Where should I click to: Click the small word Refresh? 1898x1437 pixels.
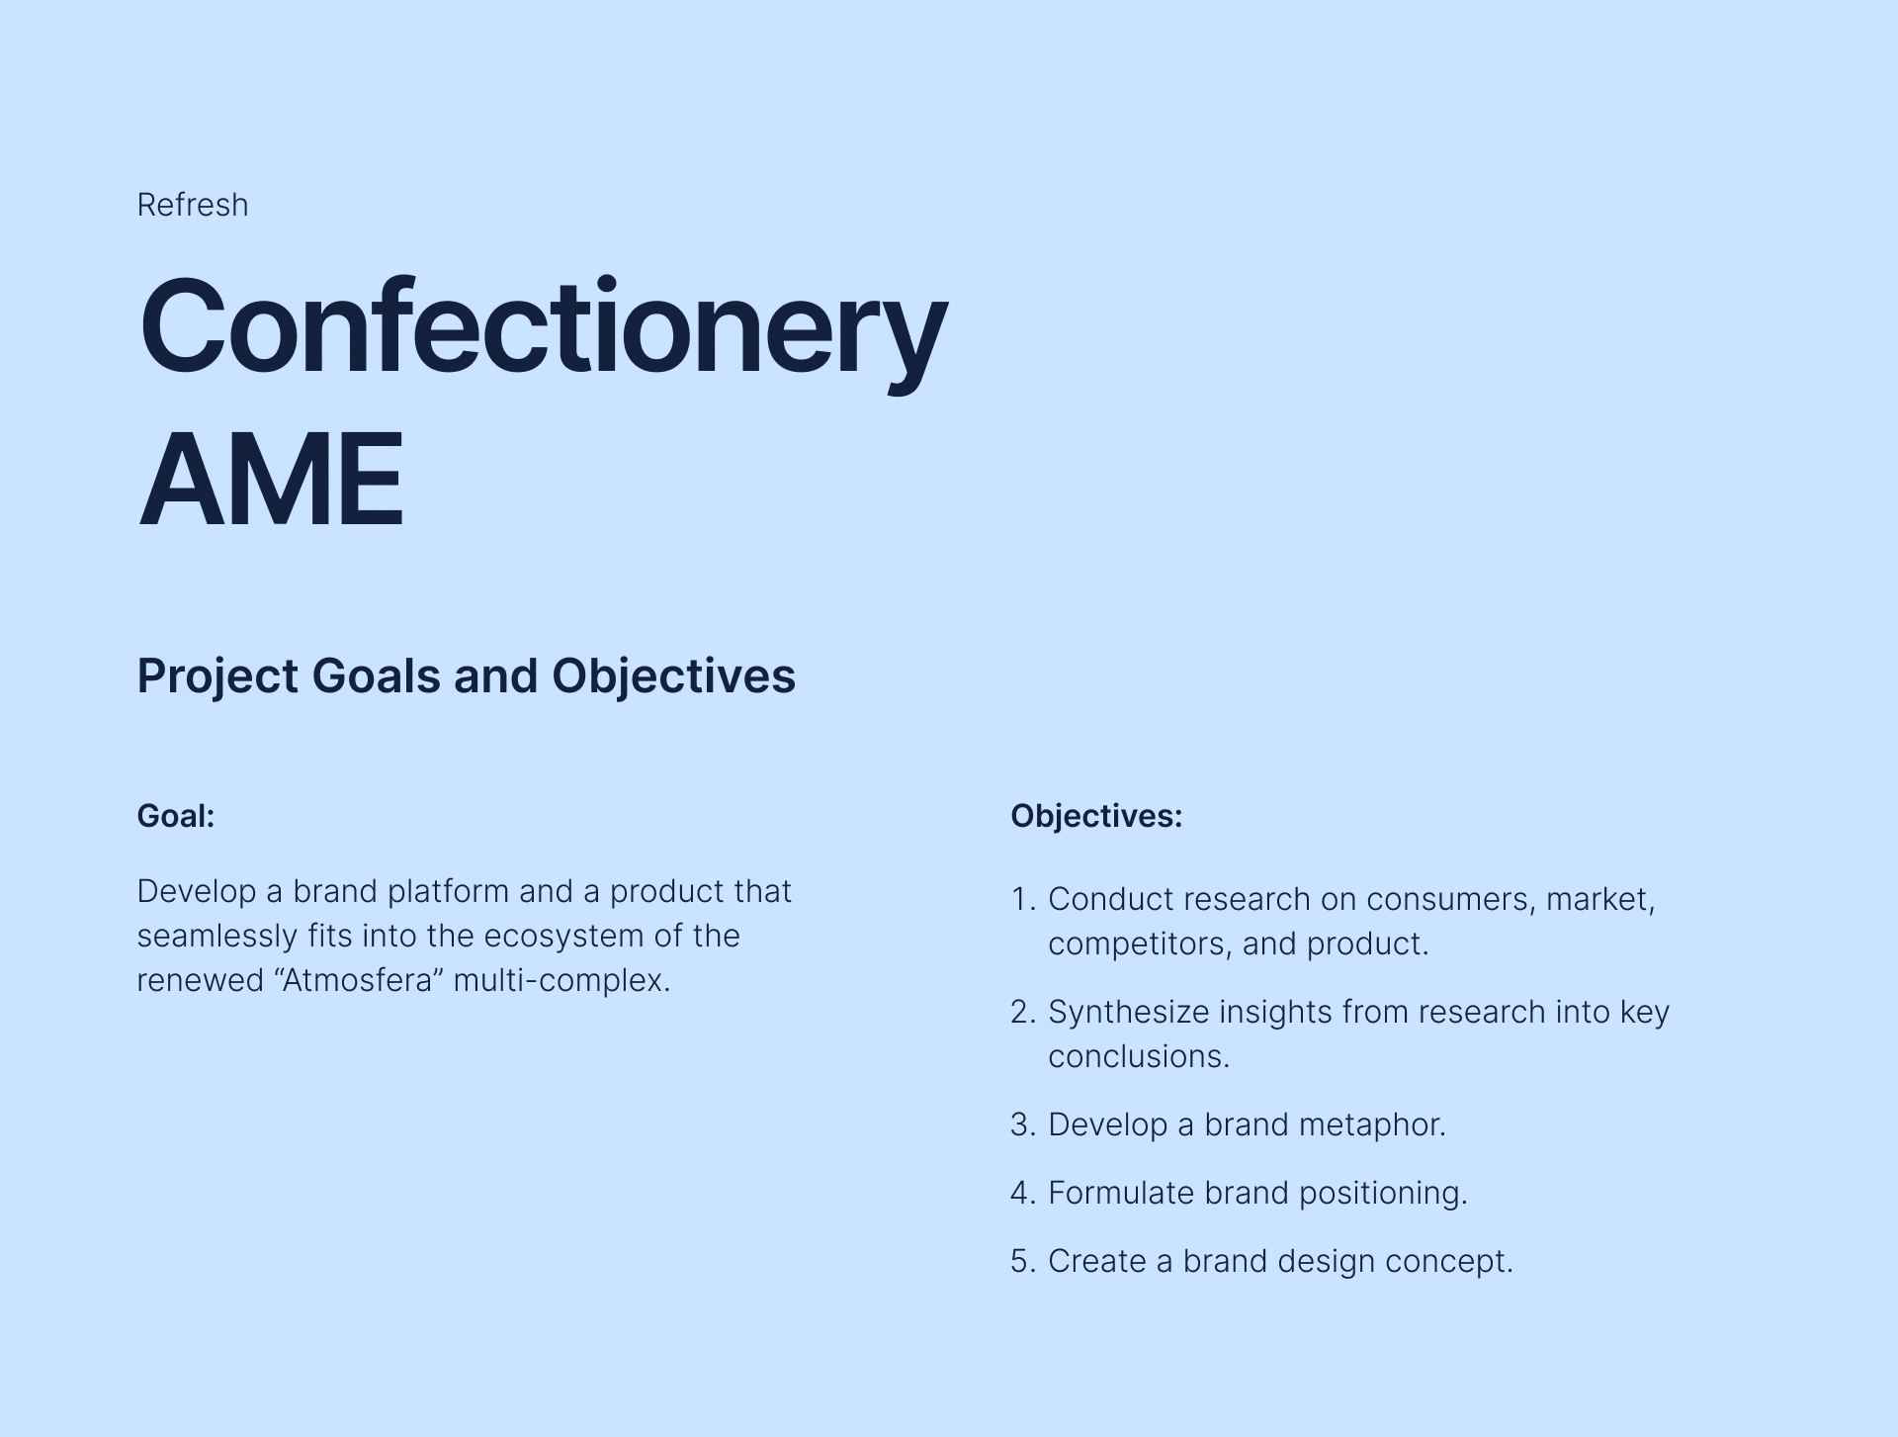(193, 205)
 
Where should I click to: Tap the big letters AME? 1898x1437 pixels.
(272, 481)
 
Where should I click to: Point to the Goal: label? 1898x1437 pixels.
(176, 816)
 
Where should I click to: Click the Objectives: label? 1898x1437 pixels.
(1096, 816)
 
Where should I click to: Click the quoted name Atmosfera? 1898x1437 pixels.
(358, 980)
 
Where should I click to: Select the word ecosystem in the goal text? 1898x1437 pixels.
(563, 936)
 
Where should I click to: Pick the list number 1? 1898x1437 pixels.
(1022, 899)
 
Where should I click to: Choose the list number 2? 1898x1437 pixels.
(1023, 1012)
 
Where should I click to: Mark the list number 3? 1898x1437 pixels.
(1023, 1124)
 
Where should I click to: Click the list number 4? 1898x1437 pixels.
(1023, 1193)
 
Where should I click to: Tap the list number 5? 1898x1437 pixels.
(1023, 1261)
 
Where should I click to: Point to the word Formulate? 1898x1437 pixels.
(1121, 1193)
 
